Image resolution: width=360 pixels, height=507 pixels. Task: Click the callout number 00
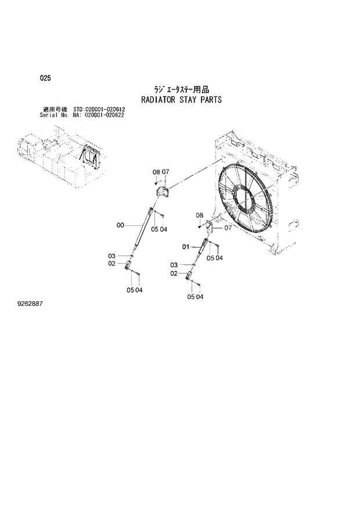pos(120,225)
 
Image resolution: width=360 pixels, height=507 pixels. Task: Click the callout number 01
pos(186,247)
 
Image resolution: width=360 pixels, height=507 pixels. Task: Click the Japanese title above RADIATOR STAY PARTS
pos(181,89)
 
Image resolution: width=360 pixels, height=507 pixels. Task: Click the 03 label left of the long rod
pos(111,256)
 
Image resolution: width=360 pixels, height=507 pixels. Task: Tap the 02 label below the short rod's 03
pos(174,273)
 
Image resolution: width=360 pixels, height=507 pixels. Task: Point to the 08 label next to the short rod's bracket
pos(199,215)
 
